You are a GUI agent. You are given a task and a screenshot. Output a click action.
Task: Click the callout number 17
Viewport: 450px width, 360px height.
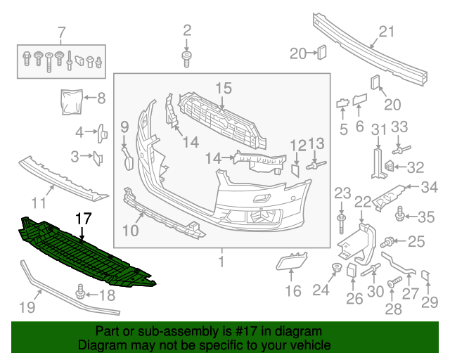tap(83, 219)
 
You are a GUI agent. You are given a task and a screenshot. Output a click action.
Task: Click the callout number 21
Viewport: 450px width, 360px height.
tap(387, 31)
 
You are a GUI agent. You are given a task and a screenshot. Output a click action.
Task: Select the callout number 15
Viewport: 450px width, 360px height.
tap(223, 88)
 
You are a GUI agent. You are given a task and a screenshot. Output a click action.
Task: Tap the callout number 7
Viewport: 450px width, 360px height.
tap(61, 31)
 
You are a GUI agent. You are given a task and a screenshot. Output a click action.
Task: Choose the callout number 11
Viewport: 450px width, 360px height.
tap(39, 203)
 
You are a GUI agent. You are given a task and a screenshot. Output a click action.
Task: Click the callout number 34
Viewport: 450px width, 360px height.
tap(429, 187)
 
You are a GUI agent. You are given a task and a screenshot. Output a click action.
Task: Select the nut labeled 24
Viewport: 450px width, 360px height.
tap(337, 267)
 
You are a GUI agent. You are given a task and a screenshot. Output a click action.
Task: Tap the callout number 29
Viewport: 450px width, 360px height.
tap(429, 303)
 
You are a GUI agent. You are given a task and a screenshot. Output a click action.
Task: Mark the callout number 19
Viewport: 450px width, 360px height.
tap(26, 307)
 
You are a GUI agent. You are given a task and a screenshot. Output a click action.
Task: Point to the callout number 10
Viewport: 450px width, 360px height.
tap(131, 229)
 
